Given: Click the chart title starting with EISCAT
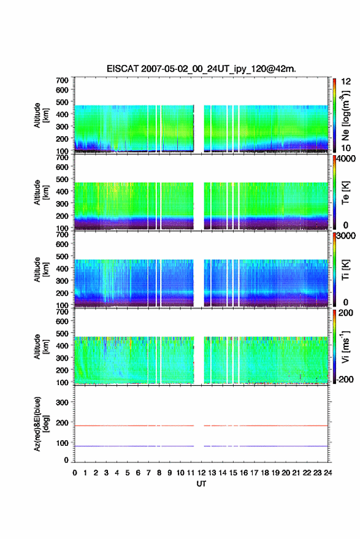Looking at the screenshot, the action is pyautogui.click(x=201, y=69).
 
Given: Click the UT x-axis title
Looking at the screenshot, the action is pyautogui.click(x=201, y=484).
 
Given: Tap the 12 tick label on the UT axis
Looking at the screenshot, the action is pyautogui.click(x=202, y=473).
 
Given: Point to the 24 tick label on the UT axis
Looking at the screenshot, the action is pyautogui.click(x=327, y=473).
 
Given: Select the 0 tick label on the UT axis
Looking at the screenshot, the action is pyautogui.click(x=75, y=473).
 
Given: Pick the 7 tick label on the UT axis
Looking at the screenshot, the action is pyautogui.click(x=148, y=473).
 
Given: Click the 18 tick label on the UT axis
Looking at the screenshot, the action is pyautogui.click(x=265, y=473).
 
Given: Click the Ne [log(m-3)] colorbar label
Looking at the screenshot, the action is pyautogui.click(x=345, y=115).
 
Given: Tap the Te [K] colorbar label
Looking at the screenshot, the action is pyautogui.click(x=345, y=193).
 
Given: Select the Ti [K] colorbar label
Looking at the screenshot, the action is pyautogui.click(x=345, y=270).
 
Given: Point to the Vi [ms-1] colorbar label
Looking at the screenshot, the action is pyautogui.click(x=345, y=346).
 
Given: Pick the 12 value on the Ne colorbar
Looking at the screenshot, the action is pyautogui.click(x=346, y=82).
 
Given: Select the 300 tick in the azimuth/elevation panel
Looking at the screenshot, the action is pyautogui.click(x=62, y=402).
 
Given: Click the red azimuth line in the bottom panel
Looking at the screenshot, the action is pyautogui.click(x=201, y=426).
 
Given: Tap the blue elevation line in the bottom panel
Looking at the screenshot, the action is pyautogui.click(x=201, y=446).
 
